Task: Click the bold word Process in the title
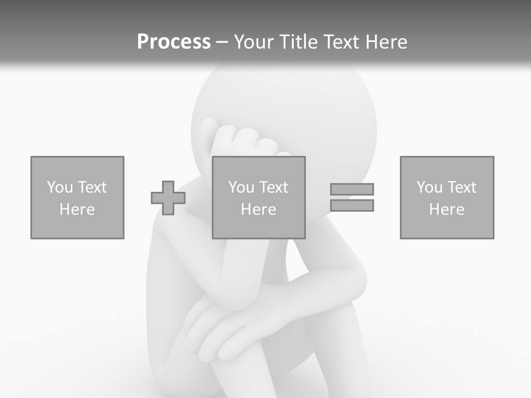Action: click(174, 42)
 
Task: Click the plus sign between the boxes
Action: click(168, 198)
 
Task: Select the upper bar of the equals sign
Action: click(352, 189)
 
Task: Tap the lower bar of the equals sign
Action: click(352, 206)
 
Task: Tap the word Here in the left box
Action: click(77, 210)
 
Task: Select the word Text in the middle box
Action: click(274, 187)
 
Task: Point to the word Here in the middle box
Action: click(259, 210)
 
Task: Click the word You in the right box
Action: click(429, 187)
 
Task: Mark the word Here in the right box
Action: click(447, 210)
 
